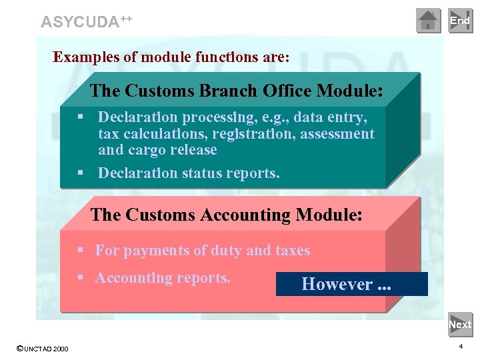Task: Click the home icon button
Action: point(429,21)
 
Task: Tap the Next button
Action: point(460,325)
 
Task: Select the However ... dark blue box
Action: point(351,284)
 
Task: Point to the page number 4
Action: point(461,347)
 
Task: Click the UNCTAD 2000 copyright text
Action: point(43,348)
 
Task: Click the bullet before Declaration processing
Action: point(79,118)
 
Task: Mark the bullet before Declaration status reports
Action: point(79,173)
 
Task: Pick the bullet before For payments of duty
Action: point(79,251)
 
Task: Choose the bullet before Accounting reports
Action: point(79,278)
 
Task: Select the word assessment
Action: point(337,134)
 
